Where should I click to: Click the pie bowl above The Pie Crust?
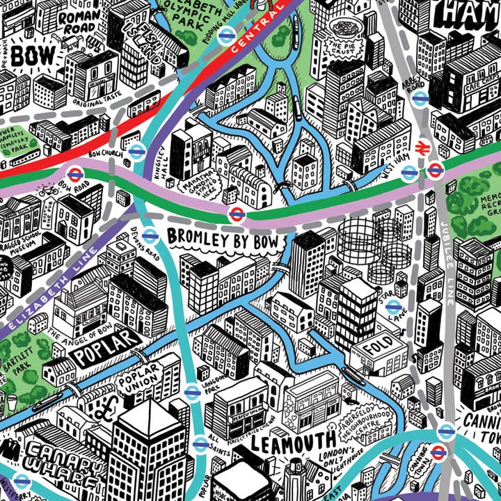pos(343,28)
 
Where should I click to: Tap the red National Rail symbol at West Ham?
pos(420,148)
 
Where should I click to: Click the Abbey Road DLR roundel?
pos(418,99)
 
